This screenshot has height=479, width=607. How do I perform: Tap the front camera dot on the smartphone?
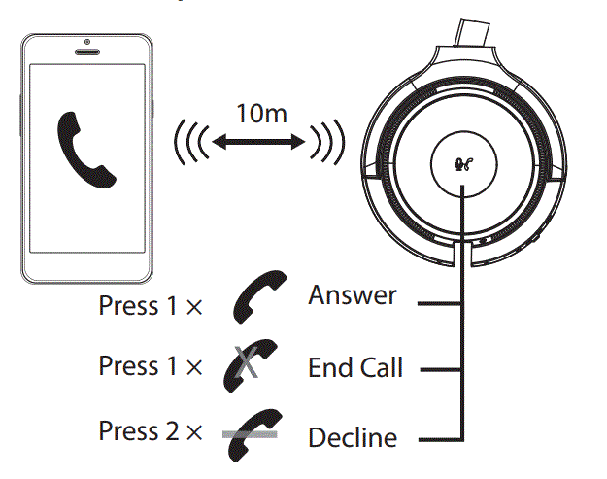coord(87,43)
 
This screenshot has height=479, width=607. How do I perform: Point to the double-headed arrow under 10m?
coord(259,145)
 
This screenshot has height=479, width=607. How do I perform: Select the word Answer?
coord(353,295)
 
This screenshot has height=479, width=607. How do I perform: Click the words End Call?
coord(354,368)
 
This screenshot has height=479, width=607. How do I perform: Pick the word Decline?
coord(353,437)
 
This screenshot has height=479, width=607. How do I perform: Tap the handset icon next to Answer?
coord(259,297)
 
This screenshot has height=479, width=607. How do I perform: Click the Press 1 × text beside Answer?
coord(150,306)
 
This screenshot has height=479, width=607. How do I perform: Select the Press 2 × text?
coord(150,429)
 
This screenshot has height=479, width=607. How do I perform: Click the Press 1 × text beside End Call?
coord(150,366)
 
